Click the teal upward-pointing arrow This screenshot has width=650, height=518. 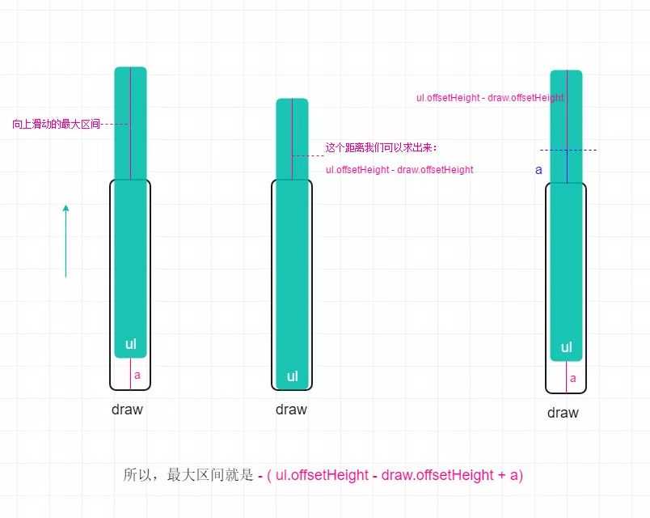(65, 240)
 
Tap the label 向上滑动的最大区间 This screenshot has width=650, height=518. (57, 124)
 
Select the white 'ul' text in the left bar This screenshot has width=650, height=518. (131, 344)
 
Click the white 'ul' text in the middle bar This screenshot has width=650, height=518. (292, 376)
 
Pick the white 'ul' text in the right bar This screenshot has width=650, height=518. (566, 347)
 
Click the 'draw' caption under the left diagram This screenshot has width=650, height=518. (127, 410)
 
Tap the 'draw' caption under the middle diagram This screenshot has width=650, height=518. (291, 410)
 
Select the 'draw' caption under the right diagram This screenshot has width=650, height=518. (563, 413)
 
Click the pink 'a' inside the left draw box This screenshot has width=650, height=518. (137, 376)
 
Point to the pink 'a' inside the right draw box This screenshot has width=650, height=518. (573, 379)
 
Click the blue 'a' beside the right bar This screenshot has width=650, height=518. (538, 170)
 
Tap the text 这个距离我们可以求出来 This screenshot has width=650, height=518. (379, 147)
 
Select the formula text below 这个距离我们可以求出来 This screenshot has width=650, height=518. (399, 170)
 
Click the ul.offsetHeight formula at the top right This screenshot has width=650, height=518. (491, 98)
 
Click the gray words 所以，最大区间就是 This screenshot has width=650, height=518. (188, 474)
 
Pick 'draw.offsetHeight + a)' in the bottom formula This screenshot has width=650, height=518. (452, 475)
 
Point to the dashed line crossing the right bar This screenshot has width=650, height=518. (568, 150)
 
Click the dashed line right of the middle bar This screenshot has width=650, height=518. (308, 155)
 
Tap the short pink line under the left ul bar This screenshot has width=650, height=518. (131, 373)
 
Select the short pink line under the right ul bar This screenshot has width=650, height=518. (566, 376)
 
